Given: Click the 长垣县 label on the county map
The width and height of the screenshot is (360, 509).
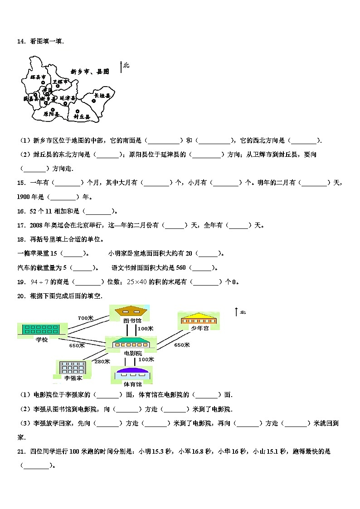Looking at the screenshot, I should (102, 96).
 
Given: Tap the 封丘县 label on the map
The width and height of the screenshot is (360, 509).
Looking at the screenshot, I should (82, 116).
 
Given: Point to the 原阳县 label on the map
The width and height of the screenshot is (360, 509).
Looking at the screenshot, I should (51, 114).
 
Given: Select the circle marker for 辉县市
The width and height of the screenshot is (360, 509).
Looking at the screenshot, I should (43, 82).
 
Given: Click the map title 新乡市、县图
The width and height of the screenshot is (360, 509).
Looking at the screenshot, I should (90, 72).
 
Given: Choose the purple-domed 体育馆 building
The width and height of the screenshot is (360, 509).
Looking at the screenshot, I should (131, 373).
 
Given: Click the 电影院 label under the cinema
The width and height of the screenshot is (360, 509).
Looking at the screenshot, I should (132, 352).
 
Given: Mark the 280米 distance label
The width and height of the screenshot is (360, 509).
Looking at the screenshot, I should (102, 361).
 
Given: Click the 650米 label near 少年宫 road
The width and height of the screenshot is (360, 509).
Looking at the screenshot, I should (182, 345).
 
